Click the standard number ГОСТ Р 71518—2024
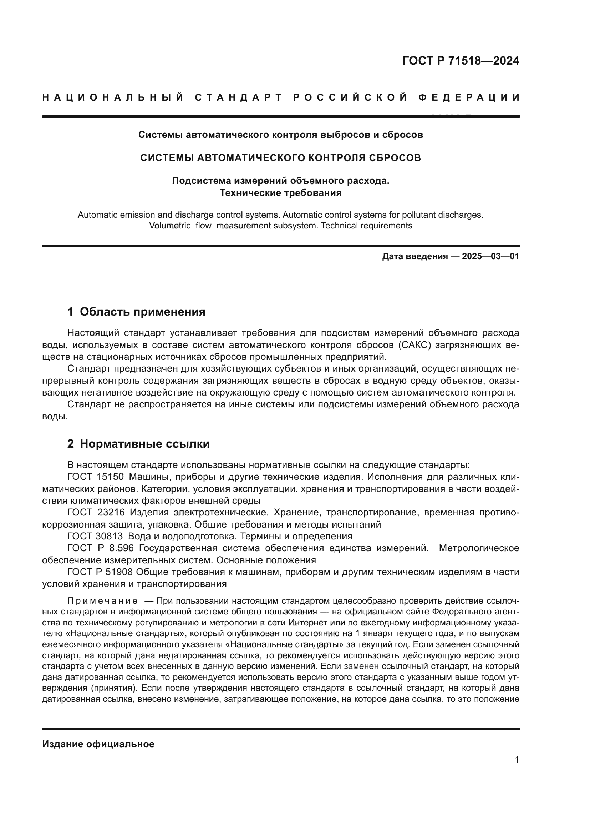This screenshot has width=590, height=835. point(461,61)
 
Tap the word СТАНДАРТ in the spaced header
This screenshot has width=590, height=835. point(238,98)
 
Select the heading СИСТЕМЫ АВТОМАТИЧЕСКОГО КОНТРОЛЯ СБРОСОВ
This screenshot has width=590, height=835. point(280,158)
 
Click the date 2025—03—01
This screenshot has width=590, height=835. point(490,256)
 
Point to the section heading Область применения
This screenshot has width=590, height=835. point(142,312)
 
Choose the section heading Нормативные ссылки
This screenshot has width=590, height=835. point(144,444)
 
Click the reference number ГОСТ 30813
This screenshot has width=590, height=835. point(95,536)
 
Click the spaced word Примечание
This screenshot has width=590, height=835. point(102,600)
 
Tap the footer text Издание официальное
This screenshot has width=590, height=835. point(98,744)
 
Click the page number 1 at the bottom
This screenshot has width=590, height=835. point(517,759)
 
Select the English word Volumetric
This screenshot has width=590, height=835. point(170,226)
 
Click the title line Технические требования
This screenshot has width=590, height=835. point(280,193)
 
